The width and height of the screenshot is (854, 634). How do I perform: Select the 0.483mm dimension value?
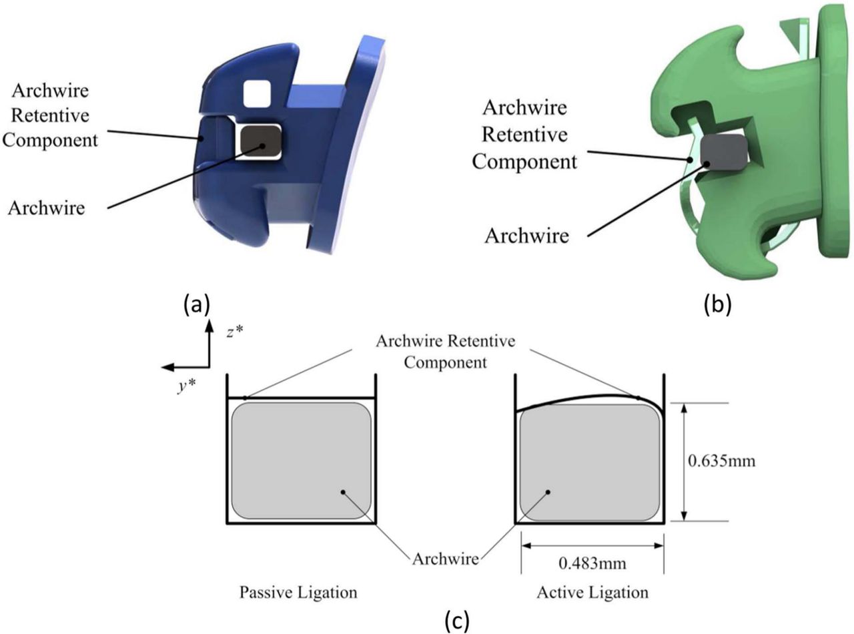point(592,565)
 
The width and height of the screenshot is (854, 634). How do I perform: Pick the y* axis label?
point(185,387)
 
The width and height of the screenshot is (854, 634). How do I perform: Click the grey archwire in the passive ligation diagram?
point(302,461)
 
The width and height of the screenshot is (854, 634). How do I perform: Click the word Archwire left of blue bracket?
point(47,208)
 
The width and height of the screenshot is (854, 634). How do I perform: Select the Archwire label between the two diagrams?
point(446,558)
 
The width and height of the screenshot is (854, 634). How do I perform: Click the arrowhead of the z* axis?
point(209,324)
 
